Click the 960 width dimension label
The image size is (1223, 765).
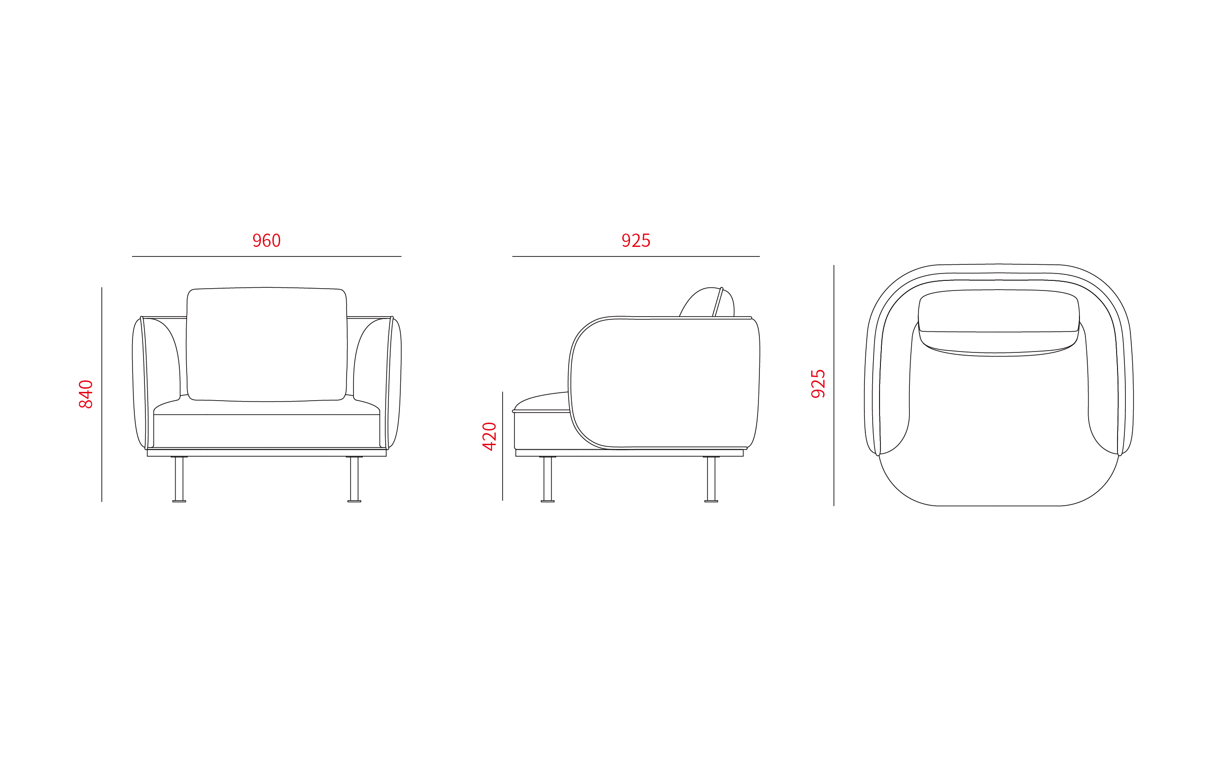coord(266,240)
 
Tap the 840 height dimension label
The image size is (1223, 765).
coord(86,394)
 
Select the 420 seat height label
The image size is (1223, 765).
coord(489,436)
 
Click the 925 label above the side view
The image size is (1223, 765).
coord(636,240)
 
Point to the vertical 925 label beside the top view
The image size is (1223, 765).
coord(818,384)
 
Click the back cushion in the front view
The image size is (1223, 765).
coord(266,345)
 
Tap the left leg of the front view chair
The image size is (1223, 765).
coord(179,479)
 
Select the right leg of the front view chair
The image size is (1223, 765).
coord(354,479)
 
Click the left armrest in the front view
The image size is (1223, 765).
coord(139,383)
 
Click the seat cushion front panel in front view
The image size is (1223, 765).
coord(266,431)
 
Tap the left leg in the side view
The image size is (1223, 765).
coord(548,479)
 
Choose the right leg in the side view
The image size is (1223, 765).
coord(711,479)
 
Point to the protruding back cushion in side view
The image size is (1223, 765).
coord(708,302)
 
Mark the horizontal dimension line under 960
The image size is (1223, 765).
coord(266,257)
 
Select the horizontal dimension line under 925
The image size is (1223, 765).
coord(636,257)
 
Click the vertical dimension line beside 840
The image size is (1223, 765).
coord(102,395)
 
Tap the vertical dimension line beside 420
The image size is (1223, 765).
coord(503,446)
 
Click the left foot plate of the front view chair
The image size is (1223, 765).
coord(179,502)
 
